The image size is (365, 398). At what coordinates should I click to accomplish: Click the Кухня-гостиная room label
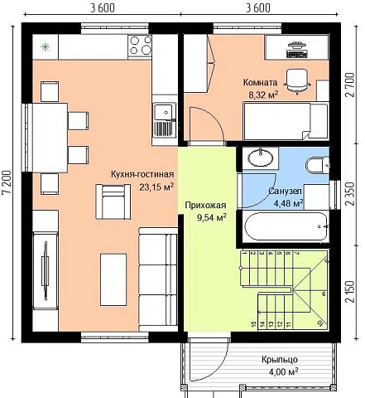click(x=142, y=174)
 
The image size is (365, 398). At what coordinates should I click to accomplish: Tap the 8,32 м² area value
click(x=263, y=95)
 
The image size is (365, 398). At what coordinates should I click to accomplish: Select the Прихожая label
click(x=205, y=205)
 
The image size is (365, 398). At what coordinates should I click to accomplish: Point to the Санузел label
click(x=286, y=191)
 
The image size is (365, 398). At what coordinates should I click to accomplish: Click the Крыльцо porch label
click(x=280, y=359)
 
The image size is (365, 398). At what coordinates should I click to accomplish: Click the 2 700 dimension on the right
click(x=349, y=85)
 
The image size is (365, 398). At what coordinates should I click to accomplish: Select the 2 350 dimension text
click(x=349, y=193)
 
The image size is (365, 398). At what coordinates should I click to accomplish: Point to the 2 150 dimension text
click(x=349, y=292)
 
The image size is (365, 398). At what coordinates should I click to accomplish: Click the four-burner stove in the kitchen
click(x=140, y=46)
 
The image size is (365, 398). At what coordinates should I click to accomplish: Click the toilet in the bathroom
click(x=318, y=165)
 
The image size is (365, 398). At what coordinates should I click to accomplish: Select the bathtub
click(x=286, y=226)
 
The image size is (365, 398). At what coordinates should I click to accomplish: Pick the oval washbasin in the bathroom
click(x=261, y=158)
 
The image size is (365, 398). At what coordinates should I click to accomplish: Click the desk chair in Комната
click(x=297, y=81)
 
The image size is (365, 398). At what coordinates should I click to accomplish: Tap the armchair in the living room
click(x=113, y=201)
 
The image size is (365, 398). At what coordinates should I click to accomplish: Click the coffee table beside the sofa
click(x=113, y=279)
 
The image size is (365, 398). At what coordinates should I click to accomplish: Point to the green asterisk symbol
click(x=45, y=47)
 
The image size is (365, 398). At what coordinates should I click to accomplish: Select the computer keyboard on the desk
click(x=297, y=54)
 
